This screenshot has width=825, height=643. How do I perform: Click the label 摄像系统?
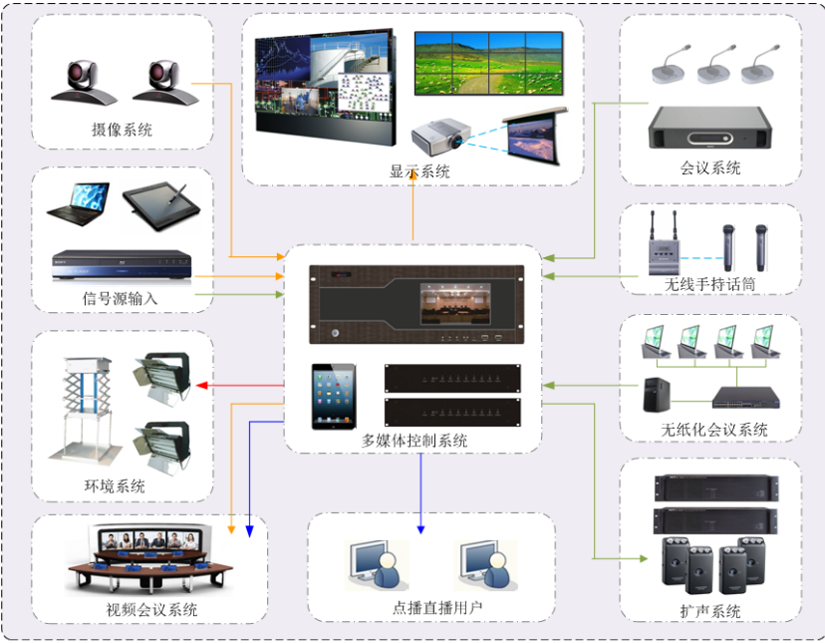tap(122, 131)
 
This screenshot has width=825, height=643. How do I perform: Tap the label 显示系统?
tap(419, 171)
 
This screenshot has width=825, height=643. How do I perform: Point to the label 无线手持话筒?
tap(710, 284)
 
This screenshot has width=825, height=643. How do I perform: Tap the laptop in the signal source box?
tap(79, 202)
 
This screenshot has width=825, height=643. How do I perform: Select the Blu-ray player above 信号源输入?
tap(121, 265)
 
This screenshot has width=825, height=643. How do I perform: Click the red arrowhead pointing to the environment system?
tap(199, 385)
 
